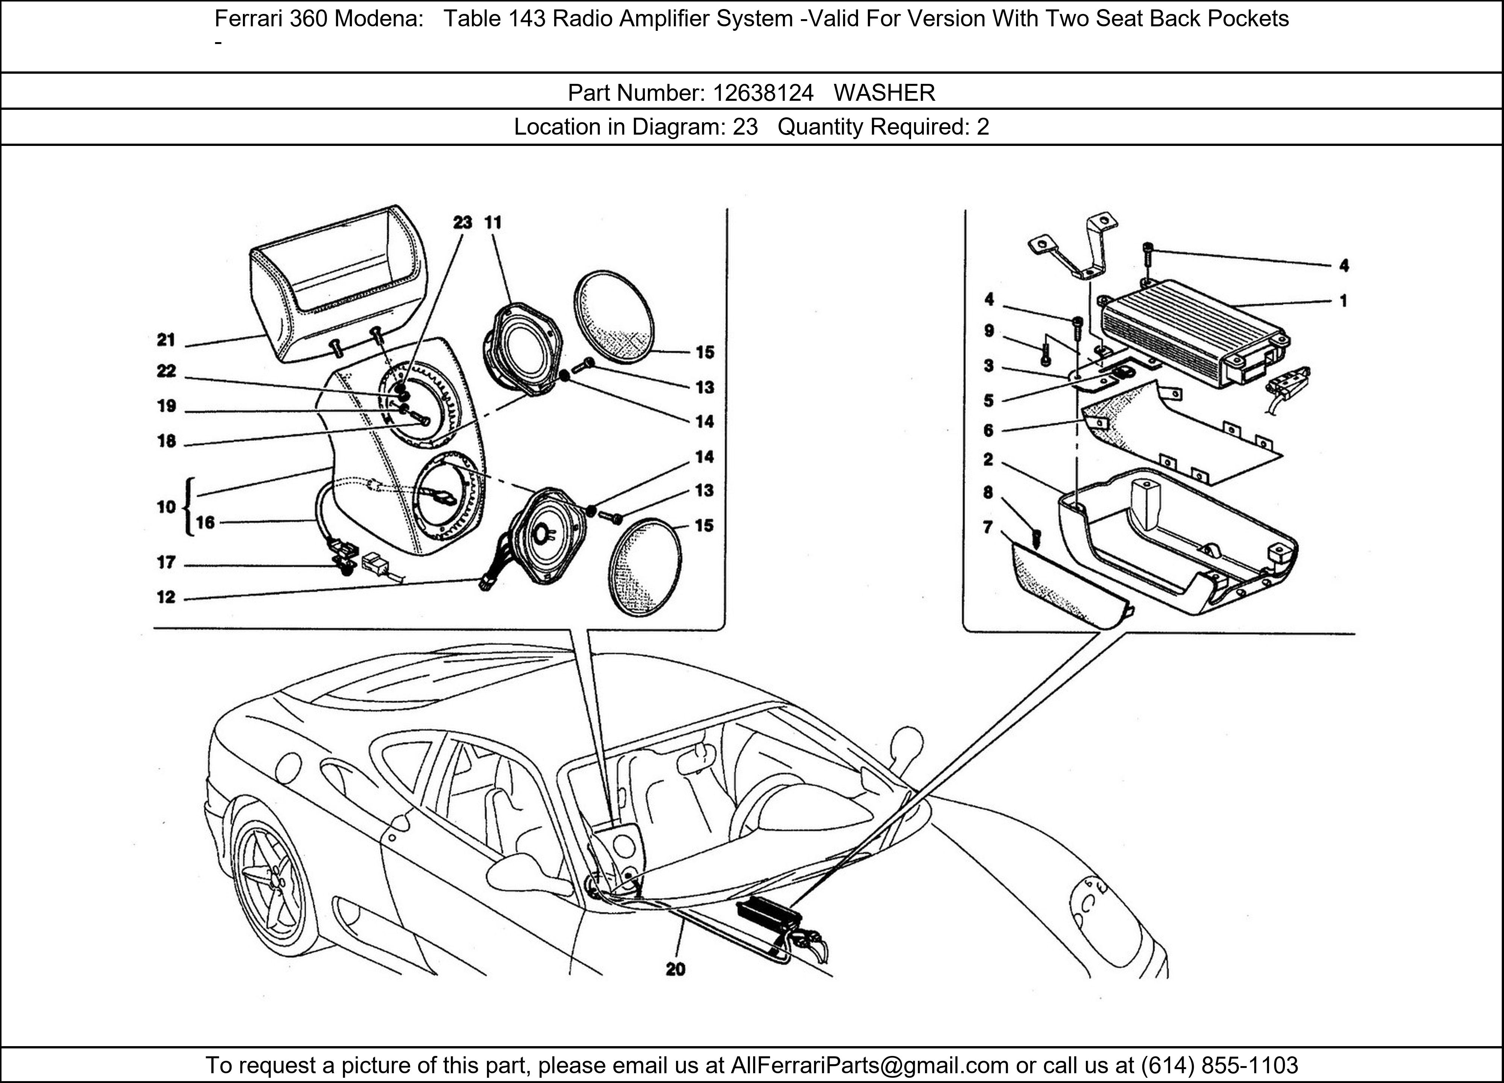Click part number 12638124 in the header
click(x=763, y=93)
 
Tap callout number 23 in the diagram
click(x=462, y=223)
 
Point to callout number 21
click(x=166, y=340)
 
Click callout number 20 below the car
click(x=675, y=969)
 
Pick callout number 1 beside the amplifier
click(x=1343, y=301)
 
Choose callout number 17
click(x=166, y=563)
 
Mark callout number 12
click(x=166, y=598)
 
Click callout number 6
click(x=988, y=431)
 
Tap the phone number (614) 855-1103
click(x=1219, y=1065)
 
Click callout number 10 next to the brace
click(x=166, y=507)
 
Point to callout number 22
click(x=166, y=372)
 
